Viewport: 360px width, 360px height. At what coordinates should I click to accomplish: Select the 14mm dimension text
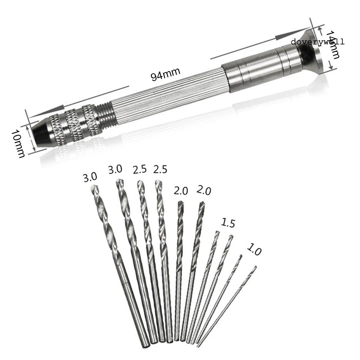point(333,45)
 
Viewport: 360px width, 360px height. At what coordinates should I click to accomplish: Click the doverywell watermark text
point(317,42)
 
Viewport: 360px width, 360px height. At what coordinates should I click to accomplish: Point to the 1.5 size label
point(228,223)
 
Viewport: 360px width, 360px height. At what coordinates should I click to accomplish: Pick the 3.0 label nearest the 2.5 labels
point(115,170)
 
